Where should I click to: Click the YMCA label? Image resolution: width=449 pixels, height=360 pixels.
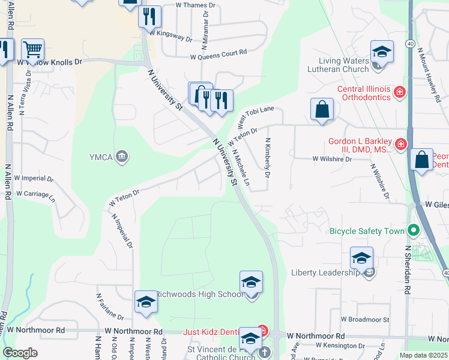coord(102,157)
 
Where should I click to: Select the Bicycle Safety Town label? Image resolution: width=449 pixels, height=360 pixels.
coord(367,230)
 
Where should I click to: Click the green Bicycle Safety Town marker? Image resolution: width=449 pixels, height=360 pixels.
coord(413,230)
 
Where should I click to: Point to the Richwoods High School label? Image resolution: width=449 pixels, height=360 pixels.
coord(200,294)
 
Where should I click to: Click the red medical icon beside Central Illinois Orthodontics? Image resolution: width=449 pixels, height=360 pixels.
coord(399,92)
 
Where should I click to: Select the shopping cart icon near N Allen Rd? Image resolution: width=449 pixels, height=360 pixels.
coord(32,50)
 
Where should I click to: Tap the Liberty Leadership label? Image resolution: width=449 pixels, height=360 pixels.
coord(326,272)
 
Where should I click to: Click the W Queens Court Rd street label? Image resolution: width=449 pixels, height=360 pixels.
coord(218,57)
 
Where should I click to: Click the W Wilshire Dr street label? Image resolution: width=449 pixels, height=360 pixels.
coord(331,159)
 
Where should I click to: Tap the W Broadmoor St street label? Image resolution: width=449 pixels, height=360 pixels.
coord(365,320)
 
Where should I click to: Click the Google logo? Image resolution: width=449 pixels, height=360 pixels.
coord(20,353)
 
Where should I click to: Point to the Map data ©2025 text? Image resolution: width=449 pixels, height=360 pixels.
coord(423,355)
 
